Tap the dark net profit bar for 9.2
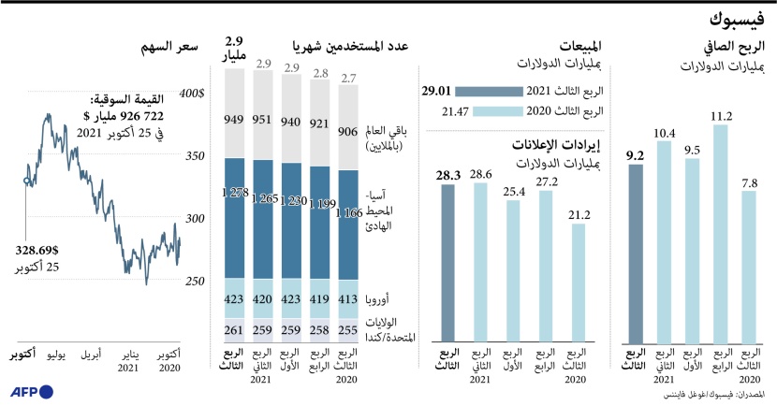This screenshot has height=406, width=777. (x=636, y=253)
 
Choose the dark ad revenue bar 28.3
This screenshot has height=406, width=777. (x=448, y=262)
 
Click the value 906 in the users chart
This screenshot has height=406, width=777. (x=346, y=131)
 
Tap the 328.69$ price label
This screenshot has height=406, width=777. (x=37, y=251)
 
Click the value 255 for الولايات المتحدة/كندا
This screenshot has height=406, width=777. (x=346, y=330)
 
